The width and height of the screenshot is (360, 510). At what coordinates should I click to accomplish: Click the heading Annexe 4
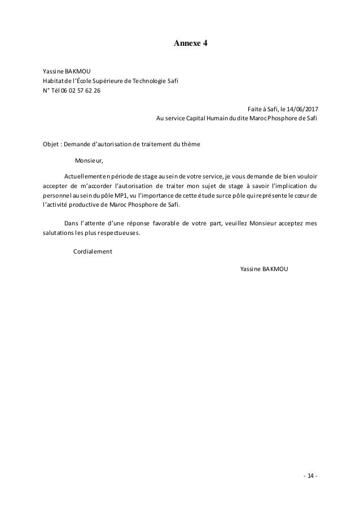(x=191, y=42)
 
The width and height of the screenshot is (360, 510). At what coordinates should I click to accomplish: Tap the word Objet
(x=52, y=144)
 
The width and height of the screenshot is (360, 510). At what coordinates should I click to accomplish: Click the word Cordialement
(x=93, y=252)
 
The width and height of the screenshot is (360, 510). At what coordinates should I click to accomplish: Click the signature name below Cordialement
(x=264, y=269)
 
